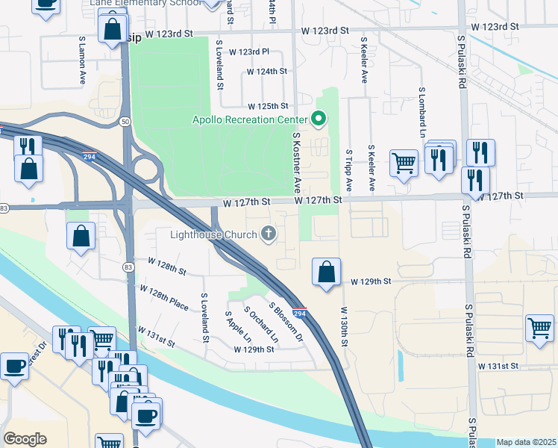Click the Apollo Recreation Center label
(249, 119)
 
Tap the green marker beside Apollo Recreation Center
(319, 119)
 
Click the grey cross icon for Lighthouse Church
(269, 234)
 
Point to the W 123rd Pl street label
(248, 52)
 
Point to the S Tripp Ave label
(348, 169)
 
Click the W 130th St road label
(345, 325)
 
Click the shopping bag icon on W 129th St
(326, 273)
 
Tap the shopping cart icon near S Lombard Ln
(404, 161)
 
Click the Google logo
(25, 439)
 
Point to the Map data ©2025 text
(526, 442)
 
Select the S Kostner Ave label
(296, 162)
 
